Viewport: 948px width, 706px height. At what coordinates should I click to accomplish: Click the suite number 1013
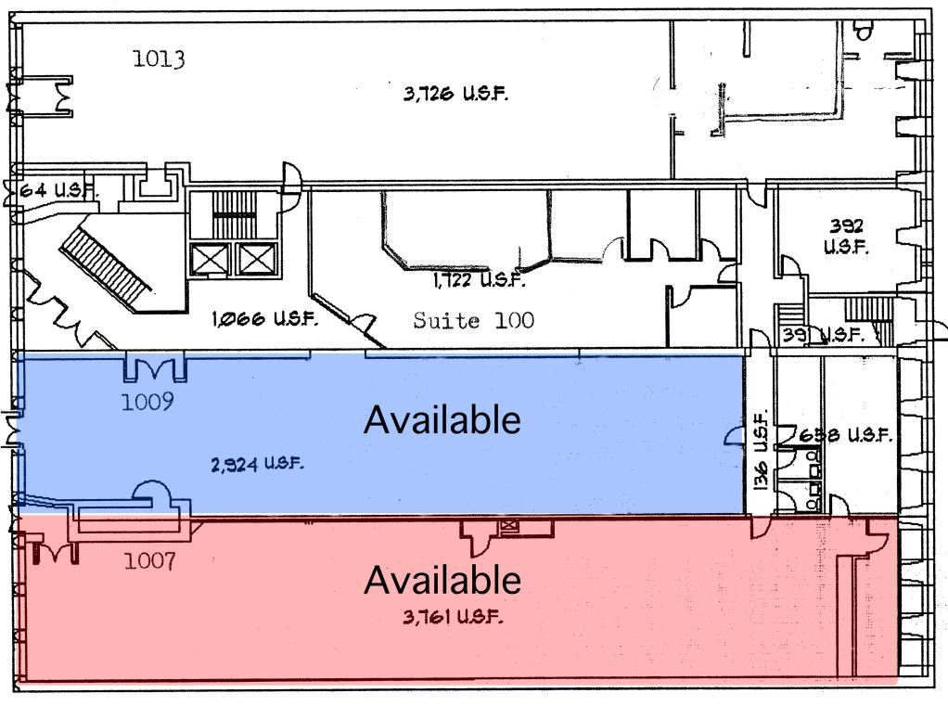159,60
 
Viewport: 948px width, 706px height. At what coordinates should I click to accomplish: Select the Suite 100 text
473,321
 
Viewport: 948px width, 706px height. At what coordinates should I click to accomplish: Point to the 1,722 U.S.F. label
479,279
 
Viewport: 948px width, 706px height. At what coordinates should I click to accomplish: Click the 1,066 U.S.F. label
265,320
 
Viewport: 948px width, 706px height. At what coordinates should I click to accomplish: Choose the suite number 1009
148,403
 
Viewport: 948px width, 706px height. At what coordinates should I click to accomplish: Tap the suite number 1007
150,561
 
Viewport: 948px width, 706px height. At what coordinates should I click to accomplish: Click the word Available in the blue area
442,420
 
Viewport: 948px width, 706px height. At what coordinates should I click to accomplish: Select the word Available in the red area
442,580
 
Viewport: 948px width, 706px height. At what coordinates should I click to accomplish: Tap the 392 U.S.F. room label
845,237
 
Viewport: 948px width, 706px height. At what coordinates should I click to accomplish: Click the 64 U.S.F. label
56,190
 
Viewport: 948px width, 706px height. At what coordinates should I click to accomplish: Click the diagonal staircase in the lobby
106,264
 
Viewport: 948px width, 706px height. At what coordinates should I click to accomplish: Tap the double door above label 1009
156,368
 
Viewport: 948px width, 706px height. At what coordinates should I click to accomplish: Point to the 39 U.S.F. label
822,335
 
